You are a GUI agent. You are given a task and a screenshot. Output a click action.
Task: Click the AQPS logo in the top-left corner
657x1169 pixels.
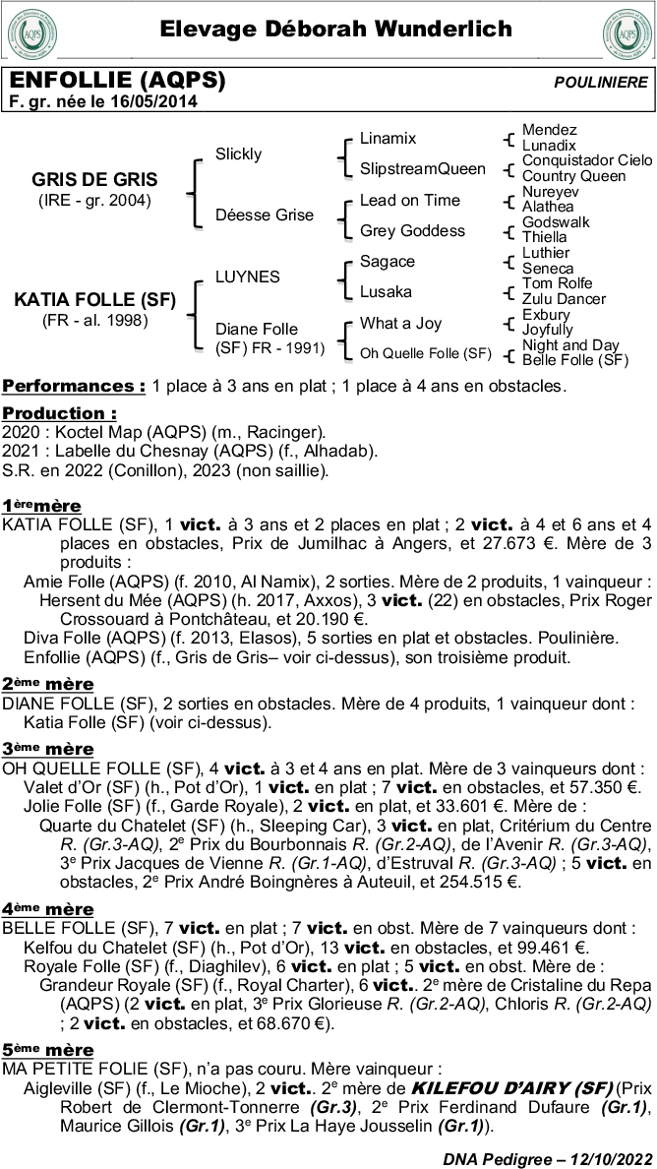30,31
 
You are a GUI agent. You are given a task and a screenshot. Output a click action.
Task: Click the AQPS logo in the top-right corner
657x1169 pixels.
626,31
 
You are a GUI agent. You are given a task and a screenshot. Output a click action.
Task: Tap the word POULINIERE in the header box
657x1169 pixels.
601,83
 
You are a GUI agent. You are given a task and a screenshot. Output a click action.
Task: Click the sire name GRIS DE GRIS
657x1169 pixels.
94,180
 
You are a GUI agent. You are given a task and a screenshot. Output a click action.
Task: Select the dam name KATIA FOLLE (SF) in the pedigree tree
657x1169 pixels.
94,300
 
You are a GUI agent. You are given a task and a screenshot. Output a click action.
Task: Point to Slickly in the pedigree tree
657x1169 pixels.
239,154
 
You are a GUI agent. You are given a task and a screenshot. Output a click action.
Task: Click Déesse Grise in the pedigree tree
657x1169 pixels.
265,215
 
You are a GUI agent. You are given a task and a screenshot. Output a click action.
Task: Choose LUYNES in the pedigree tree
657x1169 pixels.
248,277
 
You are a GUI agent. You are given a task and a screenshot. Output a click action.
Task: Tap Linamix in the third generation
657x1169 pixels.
388,139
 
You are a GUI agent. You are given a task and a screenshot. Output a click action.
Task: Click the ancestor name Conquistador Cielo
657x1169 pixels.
586,160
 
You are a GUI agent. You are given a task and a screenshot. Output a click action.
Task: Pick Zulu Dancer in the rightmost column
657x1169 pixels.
564,299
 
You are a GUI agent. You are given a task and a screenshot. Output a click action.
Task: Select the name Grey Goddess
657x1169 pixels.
412,230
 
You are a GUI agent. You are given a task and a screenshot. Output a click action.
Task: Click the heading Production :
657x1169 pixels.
59,413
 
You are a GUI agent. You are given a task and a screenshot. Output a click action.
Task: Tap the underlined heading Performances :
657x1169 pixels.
74,385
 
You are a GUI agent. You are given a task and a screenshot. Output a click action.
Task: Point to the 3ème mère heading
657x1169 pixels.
48,749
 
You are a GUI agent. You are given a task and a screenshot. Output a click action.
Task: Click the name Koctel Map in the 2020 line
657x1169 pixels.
93,432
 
